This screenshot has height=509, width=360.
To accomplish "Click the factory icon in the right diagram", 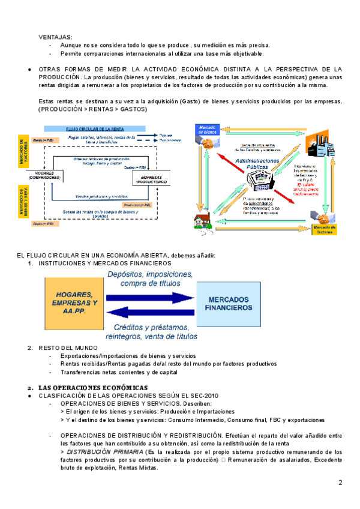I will click(x=316, y=143).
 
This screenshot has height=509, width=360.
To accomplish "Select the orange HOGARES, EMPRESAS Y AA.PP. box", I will click(x=74, y=303).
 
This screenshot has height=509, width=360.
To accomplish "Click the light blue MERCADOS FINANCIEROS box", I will click(x=229, y=304).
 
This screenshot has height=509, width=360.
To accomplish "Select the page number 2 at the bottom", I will click(x=340, y=482).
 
